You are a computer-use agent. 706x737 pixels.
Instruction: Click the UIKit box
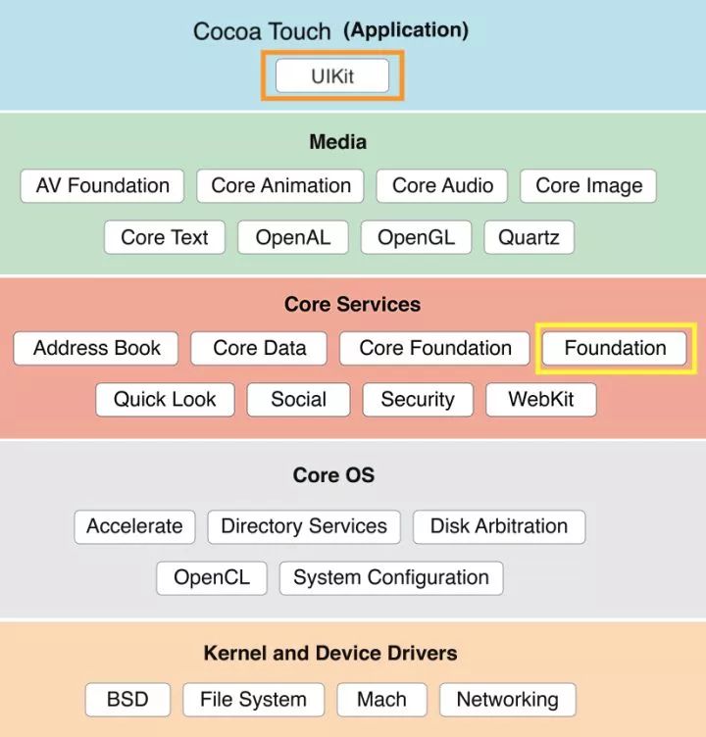tap(332, 76)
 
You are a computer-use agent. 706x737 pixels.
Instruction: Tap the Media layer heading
tap(337, 142)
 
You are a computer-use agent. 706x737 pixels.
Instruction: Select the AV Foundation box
tap(102, 186)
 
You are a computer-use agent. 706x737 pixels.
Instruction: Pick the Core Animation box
tap(280, 186)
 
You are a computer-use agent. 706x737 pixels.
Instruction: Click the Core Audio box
tap(442, 186)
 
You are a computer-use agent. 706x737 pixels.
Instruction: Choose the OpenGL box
tap(416, 237)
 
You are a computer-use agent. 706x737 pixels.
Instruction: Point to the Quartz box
tap(529, 237)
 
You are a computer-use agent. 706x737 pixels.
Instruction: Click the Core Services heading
tap(352, 304)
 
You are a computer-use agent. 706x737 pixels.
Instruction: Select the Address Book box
tap(96, 348)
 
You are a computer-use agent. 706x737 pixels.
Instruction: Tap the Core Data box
tap(259, 348)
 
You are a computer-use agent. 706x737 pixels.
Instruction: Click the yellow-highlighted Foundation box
tap(615, 348)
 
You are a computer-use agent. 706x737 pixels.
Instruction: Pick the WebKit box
tap(540, 400)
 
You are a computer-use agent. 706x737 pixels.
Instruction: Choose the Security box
tap(418, 400)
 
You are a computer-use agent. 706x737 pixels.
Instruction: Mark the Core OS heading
tap(333, 475)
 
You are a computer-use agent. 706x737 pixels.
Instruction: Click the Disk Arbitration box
tap(498, 526)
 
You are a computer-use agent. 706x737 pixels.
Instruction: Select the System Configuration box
tap(390, 577)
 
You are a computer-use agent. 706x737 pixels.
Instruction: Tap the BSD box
tap(127, 700)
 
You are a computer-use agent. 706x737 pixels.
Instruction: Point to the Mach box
tap(381, 700)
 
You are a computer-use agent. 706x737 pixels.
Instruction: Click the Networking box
tap(507, 700)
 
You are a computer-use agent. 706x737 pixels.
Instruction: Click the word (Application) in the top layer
tap(405, 29)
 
